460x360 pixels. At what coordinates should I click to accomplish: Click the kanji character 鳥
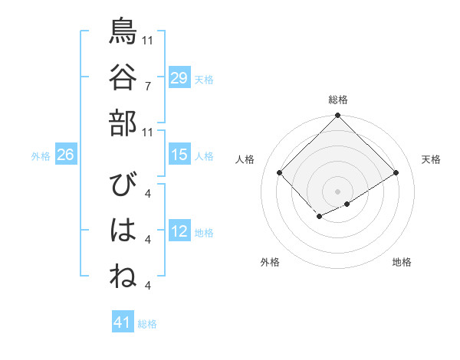123,32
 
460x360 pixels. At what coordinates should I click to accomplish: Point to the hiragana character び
123,186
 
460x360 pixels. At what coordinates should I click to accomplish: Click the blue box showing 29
179,77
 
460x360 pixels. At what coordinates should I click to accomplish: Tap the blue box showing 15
179,155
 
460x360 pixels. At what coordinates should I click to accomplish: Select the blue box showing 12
179,231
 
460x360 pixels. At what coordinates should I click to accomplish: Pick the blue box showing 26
65,155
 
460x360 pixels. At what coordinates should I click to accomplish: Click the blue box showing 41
123,322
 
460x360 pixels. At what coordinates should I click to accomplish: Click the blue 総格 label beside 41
147,324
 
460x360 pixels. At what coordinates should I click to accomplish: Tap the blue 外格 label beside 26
41,156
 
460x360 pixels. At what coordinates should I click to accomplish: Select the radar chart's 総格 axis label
338,100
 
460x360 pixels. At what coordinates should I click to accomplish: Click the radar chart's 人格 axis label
245,159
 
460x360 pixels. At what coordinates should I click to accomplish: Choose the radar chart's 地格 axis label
402,262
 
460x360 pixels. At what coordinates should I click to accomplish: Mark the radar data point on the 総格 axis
338,116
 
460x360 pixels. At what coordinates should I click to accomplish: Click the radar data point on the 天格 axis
396,173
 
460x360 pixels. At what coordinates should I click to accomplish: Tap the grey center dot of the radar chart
338,191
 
